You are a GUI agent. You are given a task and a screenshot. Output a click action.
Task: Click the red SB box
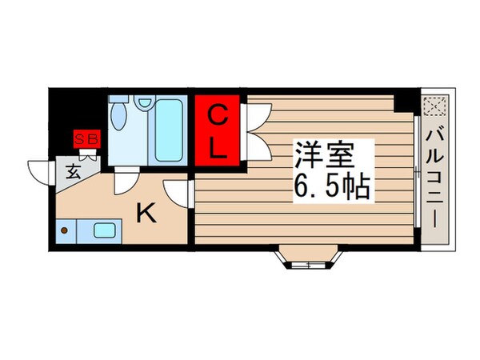tap(86, 139)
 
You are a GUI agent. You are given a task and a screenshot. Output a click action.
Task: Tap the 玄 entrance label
tap(72, 170)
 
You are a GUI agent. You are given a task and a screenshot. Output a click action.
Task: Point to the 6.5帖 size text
tap(331, 188)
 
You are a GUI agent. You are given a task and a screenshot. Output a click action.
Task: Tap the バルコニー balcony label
tap(436, 177)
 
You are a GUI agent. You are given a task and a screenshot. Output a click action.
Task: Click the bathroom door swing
tap(123, 182)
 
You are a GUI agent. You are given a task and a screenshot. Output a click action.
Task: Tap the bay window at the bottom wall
tap(306, 258)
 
